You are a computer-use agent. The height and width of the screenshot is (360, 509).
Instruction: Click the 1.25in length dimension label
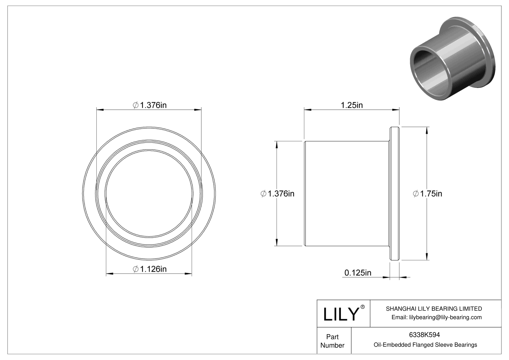352,105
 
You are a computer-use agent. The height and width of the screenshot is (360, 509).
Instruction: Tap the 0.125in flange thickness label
358,273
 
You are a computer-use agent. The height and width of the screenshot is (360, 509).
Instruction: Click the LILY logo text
341,314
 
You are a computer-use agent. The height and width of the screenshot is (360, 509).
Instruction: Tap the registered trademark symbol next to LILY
363,307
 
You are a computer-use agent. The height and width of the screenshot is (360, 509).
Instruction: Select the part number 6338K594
424,335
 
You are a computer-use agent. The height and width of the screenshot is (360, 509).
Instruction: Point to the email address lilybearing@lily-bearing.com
436,317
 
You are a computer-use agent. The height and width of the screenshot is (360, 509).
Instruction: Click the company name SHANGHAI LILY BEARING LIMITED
434,309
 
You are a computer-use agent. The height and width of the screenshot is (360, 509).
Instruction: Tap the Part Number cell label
332,341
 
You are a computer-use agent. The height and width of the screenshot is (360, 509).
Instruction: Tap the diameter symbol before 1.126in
136,269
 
